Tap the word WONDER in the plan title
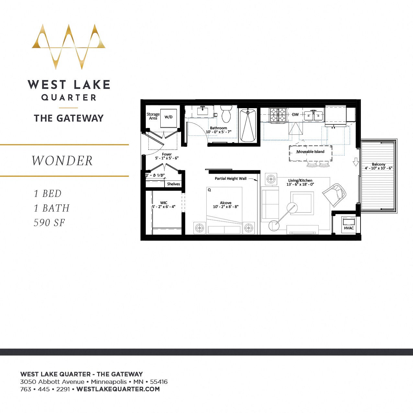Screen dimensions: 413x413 point(62,161)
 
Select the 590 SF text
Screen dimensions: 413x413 point(49,223)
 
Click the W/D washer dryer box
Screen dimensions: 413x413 point(168,117)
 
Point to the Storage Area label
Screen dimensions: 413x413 point(153,116)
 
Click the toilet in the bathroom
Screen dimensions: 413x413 point(226,113)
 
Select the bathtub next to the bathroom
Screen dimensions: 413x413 point(248,125)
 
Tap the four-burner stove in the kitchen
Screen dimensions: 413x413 point(278,115)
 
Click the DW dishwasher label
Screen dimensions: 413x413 point(295,115)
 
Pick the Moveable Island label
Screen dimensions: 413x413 point(310,152)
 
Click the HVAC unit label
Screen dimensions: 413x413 point(349,228)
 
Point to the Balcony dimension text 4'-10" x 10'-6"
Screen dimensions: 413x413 point(378,168)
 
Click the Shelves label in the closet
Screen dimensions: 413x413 point(173,184)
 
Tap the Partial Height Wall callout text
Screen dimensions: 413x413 point(231,178)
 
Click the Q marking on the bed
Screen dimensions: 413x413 point(209,190)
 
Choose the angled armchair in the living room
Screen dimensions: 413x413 point(335,194)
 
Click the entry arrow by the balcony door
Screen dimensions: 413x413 point(356,162)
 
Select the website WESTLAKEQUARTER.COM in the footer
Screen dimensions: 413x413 point(118,389)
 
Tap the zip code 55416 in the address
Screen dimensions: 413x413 point(159,382)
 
